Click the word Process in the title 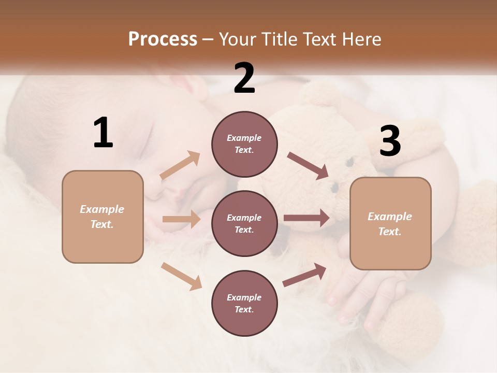163,39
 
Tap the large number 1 103,133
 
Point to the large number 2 244,78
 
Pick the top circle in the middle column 244,144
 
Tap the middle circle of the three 244,223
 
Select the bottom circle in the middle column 244,303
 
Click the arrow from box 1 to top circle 180,165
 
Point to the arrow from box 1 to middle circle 181,219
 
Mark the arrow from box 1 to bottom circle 181,276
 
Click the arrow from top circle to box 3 308,166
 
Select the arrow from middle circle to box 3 306,218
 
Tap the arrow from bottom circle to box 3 304,275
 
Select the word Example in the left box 102,209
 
